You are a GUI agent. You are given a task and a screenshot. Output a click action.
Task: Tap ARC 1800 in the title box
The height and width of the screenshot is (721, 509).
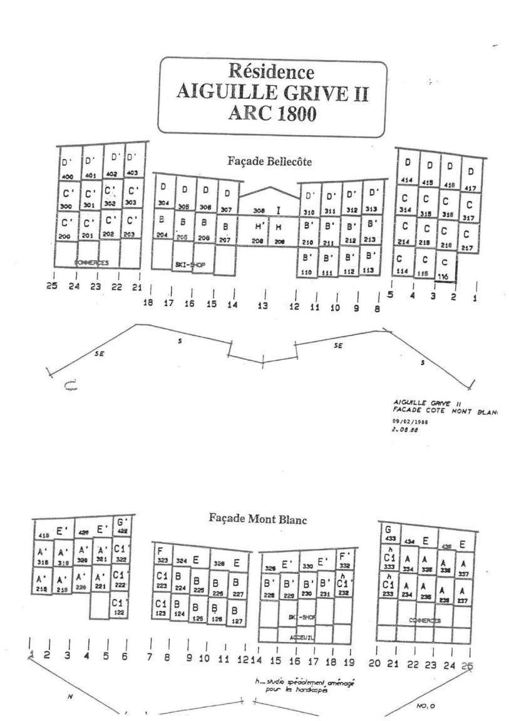271,115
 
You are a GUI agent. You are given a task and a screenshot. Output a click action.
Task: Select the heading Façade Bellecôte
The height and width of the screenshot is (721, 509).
269,161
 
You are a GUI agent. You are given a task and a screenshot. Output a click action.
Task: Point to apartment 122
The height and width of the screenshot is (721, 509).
119,610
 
